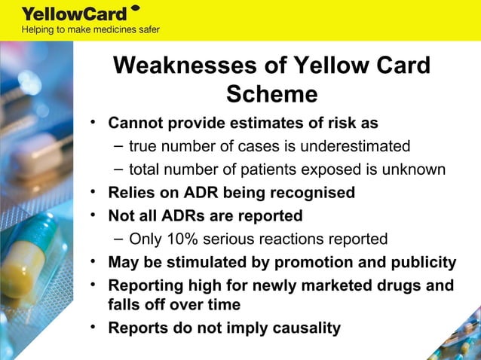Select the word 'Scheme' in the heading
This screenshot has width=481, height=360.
coord(271,95)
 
